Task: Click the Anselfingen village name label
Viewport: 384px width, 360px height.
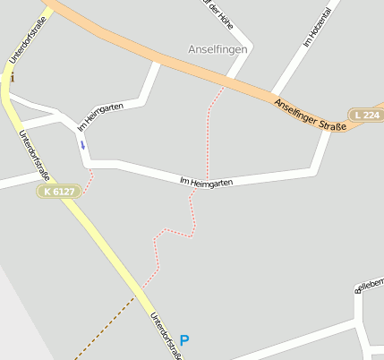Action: click(218, 48)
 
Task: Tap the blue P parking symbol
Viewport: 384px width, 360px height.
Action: click(184, 340)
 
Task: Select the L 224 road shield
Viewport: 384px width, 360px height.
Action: click(366, 115)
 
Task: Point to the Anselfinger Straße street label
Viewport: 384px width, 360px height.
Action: click(311, 116)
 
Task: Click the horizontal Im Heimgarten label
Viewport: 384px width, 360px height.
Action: click(207, 182)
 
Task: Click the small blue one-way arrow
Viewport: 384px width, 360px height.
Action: click(82, 144)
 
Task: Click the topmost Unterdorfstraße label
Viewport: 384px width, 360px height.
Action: click(27, 39)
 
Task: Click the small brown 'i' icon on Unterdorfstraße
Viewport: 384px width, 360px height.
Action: click(13, 78)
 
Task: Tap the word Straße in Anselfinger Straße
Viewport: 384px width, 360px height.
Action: click(333, 126)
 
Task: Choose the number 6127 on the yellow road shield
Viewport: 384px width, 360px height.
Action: click(65, 191)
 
